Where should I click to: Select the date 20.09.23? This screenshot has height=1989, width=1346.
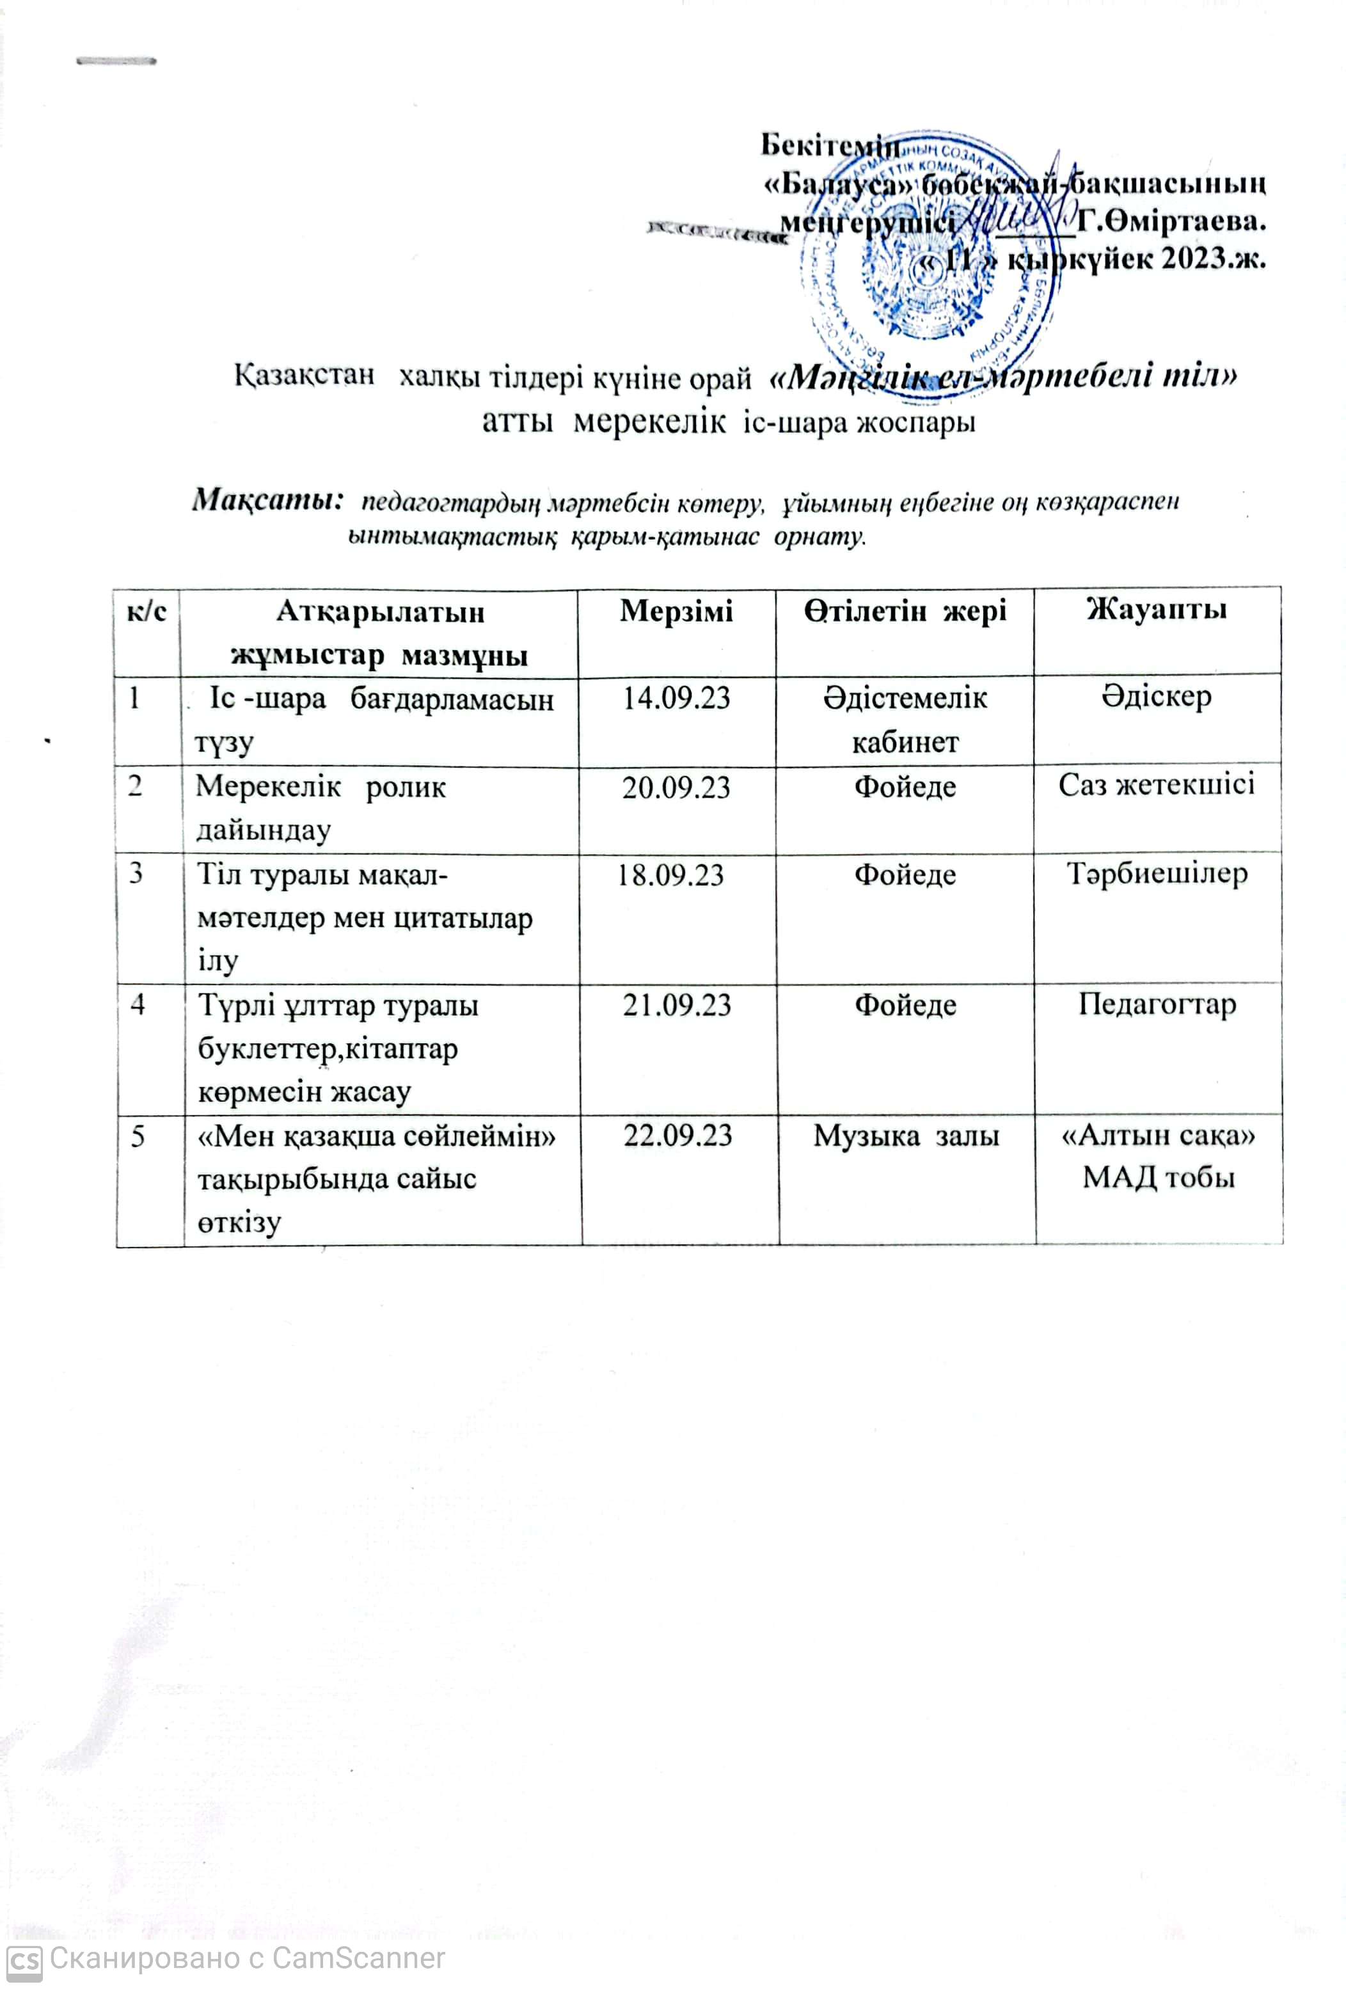tap(676, 786)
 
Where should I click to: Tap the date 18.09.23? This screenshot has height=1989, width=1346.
tap(671, 875)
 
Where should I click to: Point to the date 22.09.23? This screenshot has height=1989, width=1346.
tap(677, 1136)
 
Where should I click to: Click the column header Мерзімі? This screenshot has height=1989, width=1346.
tap(676, 611)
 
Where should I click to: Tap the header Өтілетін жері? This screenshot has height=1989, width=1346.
tap(905, 610)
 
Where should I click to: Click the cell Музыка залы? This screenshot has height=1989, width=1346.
tap(906, 1136)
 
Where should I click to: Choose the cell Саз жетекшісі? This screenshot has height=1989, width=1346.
tap(1156, 784)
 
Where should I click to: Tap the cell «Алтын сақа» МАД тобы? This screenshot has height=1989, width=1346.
tap(1158, 1156)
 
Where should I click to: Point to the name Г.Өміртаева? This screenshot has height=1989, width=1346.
tap(1171, 221)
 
